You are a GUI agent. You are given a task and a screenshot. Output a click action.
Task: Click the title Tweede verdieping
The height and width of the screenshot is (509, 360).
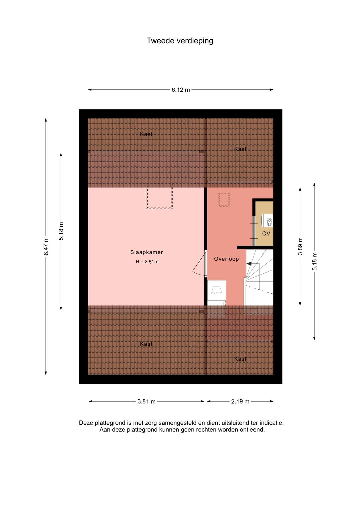pos(180,41)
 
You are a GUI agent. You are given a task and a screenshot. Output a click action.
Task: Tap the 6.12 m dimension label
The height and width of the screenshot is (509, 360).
pos(181,90)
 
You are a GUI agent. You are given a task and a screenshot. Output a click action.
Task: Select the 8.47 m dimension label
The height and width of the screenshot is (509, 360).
pos(46,246)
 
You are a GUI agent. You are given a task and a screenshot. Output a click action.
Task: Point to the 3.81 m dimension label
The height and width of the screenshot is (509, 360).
pos(146,402)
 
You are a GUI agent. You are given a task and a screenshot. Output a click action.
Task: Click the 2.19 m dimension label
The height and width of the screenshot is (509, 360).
pos(240,402)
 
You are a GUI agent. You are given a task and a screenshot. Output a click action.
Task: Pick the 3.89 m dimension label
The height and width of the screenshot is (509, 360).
pos(300,246)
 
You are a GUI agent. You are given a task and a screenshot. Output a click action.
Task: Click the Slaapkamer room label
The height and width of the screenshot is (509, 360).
pos(146,252)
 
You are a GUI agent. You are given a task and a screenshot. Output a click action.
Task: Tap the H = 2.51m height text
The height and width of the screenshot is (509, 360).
pos(147,262)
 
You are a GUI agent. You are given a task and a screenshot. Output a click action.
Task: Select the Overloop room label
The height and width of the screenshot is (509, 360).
pos(226,259)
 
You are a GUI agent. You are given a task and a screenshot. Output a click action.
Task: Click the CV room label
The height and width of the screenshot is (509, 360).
pos(266,233)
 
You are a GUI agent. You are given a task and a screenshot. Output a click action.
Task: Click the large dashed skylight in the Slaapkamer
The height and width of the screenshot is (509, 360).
pos(159,196)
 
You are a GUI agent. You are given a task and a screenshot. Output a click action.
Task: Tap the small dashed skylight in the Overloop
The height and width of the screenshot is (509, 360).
pos(224,200)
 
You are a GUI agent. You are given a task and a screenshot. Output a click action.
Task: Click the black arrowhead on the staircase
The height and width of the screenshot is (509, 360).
pos(249,264)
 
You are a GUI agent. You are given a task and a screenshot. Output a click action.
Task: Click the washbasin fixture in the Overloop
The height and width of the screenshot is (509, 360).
pos(216,290)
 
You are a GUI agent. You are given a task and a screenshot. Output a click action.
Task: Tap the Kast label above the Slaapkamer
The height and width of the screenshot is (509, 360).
pos(146,134)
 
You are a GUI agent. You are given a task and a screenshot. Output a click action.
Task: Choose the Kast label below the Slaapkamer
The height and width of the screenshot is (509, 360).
pos(146,344)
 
